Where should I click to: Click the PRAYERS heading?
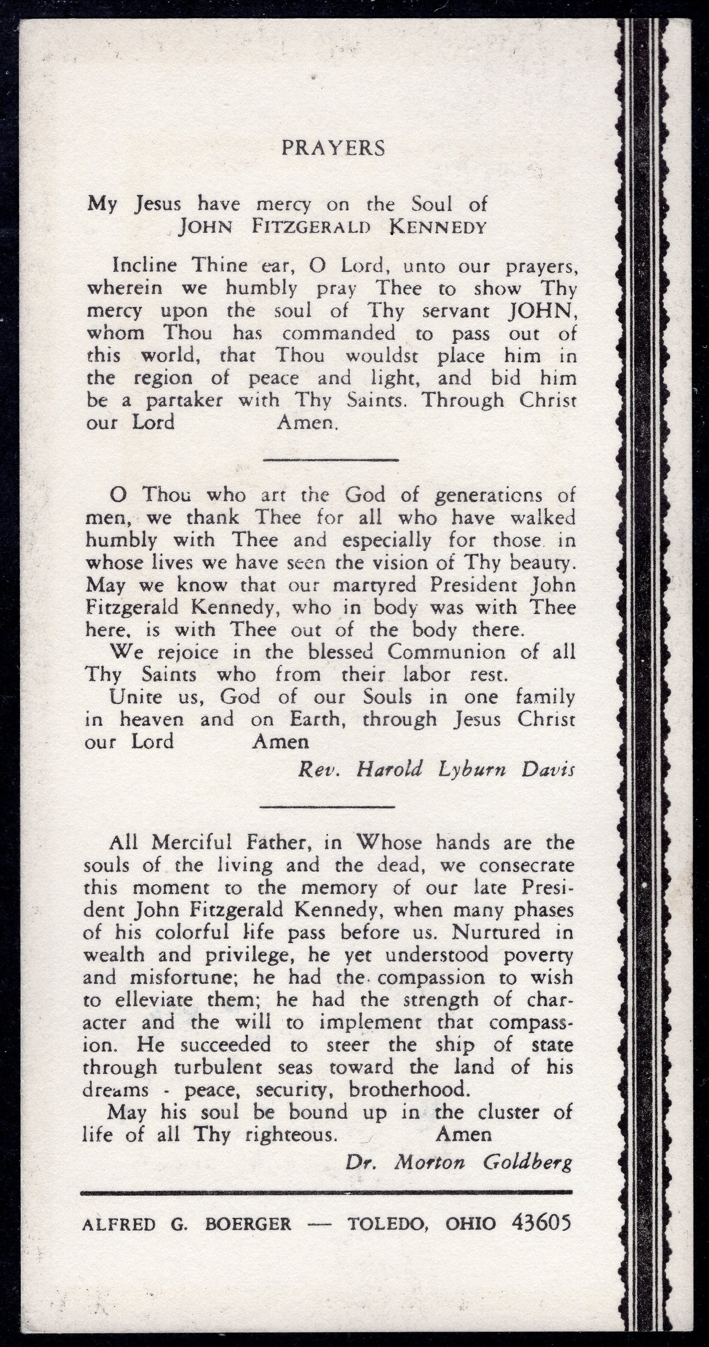click(x=333, y=148)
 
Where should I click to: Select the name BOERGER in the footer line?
click(x=248, y=1225)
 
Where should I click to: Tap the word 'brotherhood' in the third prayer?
click(x=407, y=1090)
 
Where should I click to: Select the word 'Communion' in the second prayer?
click(x=446, y=653)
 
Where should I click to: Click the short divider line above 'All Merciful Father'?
click(x=327, y=806)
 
